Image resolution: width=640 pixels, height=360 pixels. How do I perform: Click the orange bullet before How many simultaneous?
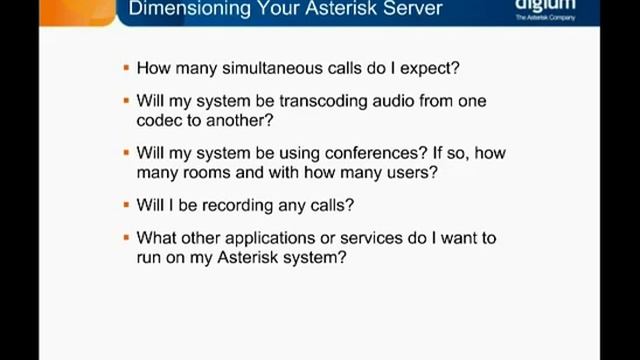[126, 69]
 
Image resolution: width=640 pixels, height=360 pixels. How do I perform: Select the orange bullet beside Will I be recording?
[126, 205]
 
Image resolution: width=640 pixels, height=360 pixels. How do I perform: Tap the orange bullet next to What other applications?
[126, 238]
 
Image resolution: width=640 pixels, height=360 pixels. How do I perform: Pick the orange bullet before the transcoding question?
[126, 102]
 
